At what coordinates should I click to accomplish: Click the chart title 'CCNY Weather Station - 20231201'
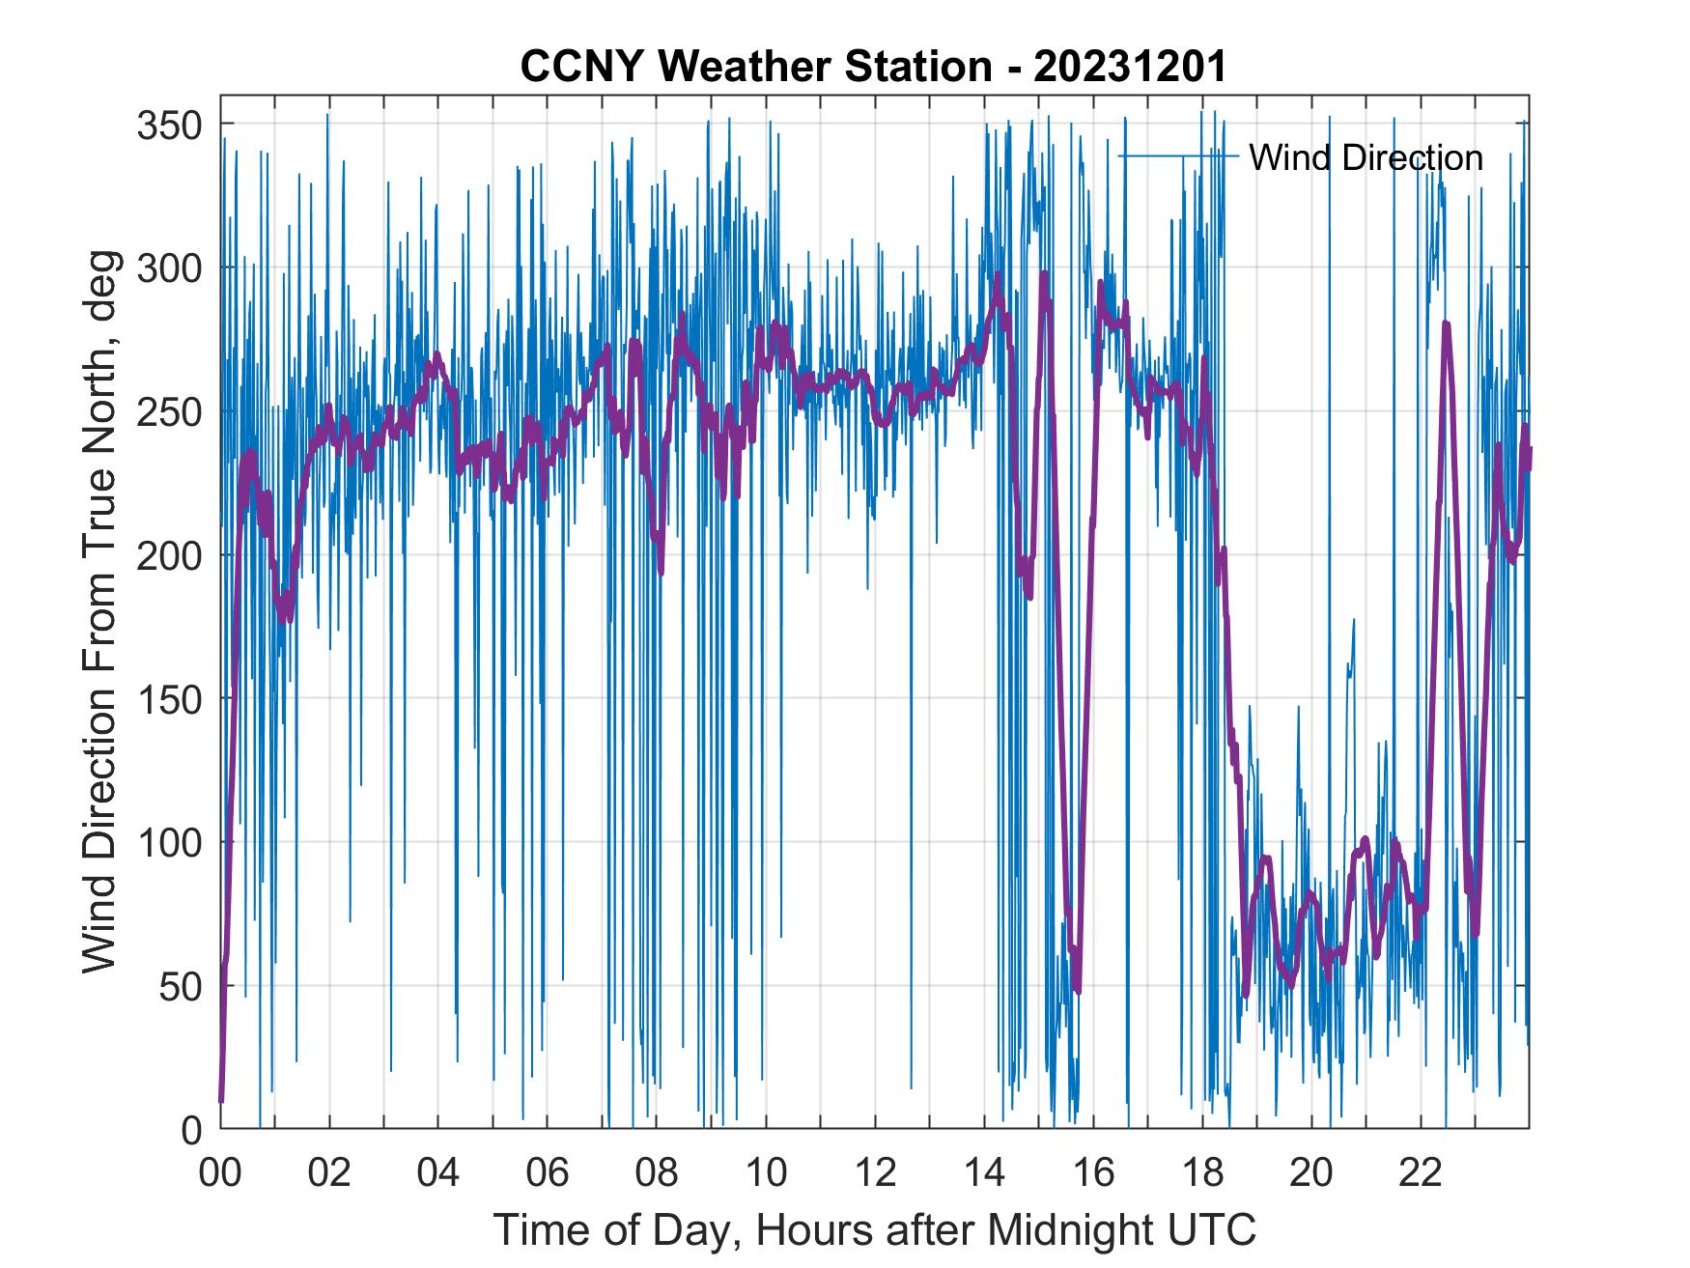click(x=873, y=67)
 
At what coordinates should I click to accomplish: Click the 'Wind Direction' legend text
click(x=1366, y=157)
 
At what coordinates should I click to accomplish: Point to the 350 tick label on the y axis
click(x=170, y=125)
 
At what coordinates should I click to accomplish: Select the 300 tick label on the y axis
click(x=170, y=268)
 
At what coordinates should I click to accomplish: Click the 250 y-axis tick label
click(x=170, y=411)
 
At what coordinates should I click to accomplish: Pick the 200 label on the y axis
click(x=170, y=555)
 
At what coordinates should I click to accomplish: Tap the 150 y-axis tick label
click(x=170, y=698)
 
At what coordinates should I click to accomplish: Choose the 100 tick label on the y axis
click(x=170, y=842)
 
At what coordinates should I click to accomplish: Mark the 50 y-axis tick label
click(x=182, y=986)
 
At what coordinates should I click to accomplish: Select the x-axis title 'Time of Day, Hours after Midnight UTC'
click(x=875, y=1229)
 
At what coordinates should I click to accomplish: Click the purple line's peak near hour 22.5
click(x=1446, y=324)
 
